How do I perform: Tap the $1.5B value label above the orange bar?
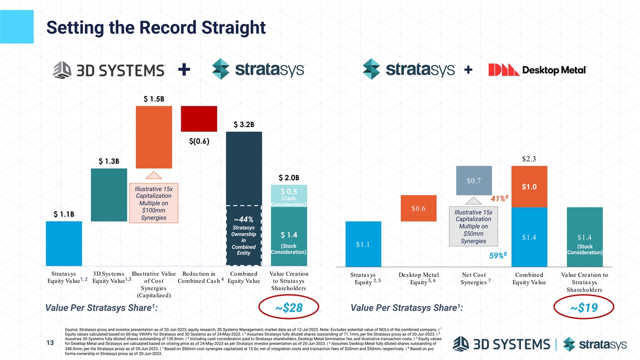click(x=154, y=99)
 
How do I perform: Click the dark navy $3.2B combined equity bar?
click(x=244, y=165)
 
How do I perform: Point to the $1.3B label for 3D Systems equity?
click(x=109, y=161)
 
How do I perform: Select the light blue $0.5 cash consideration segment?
click(x=289, y=196)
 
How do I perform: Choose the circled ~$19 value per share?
click(x=584, y=309)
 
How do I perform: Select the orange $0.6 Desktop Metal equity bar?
click(x=419, y=208)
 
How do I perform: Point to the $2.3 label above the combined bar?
click(x=529, y=158)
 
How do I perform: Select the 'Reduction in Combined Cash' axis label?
click(x=199, y=278)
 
